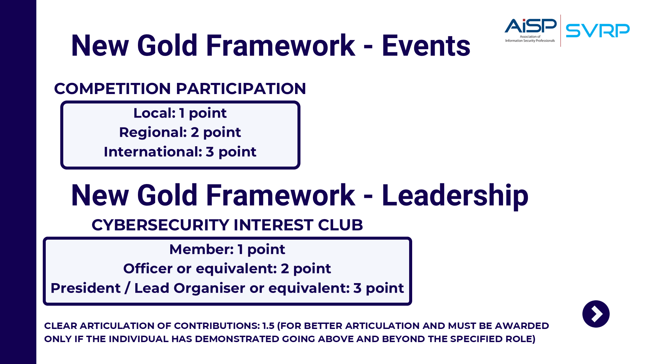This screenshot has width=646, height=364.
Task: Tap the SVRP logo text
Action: coord(598,31)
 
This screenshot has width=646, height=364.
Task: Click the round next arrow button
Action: coord(596,314)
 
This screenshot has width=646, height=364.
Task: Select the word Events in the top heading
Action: coord(426,45)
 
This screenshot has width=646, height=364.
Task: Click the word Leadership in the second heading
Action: coord(455,196)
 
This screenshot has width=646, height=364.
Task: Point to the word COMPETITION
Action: coord(113,89)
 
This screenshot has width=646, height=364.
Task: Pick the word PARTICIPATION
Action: coord(241,89)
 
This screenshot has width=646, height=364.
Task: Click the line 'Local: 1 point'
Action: coord(180,113)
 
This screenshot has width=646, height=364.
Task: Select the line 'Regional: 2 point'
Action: coord(180,132)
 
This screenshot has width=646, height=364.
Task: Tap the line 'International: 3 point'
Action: coord(180,152)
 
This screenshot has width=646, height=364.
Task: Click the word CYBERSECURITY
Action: coord(160,225)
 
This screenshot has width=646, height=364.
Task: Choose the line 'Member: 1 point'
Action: coord(227,249)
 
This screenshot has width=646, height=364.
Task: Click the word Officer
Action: coord(148,269)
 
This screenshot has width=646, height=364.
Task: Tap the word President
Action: coord(85,288)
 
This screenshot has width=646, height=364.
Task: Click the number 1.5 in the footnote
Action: coord(268,326)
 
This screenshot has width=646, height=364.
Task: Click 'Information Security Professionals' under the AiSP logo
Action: coord(530,41)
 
